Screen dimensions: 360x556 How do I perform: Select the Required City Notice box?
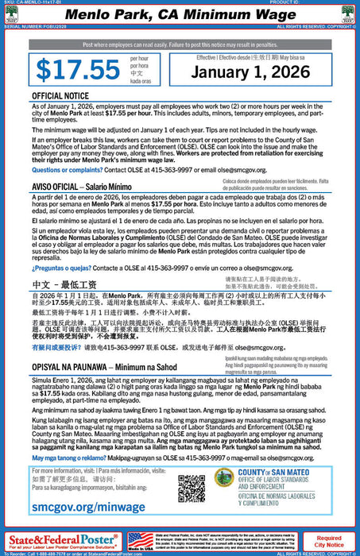tap(329, 541)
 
